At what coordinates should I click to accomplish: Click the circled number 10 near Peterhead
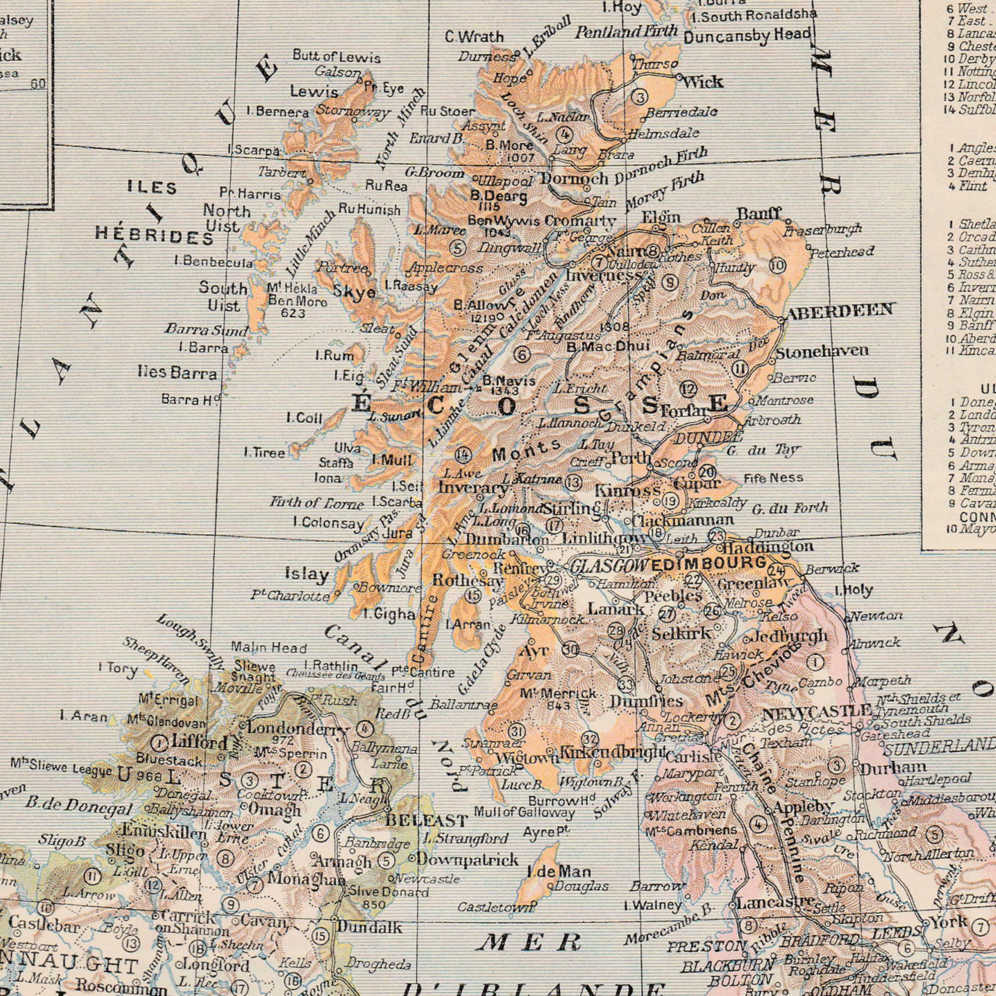(779, 266)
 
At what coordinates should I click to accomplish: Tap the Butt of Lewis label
(337, 57)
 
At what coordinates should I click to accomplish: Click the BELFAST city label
(427, 819)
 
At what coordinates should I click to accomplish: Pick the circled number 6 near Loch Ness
(522, 354)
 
